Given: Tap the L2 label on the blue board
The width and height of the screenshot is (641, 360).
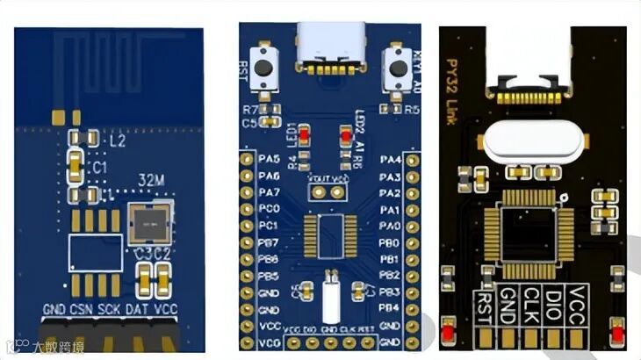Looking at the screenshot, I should pyautogui.click(x=117, y=140).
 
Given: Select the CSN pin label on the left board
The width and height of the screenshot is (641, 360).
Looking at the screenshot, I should pyautogui.click(x=83, y=310).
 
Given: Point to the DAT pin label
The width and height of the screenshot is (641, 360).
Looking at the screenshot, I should pyautogui.click(x=137, y=310).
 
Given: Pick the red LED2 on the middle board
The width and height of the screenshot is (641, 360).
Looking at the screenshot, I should pyautogui.click(x=345, y=135).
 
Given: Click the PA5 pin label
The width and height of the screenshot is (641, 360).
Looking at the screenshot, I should pyautogui.click(x=269, y=159).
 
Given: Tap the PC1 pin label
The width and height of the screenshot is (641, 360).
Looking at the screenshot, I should pyautogui.click(x=269, y=226).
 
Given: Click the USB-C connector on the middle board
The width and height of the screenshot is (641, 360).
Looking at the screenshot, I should pyautogui.click(x=330, y=48).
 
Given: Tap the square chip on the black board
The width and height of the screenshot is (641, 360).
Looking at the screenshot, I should pyautogui.click(x=529, y=234).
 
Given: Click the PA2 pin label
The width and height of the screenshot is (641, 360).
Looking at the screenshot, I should pyautogui.click(x=390, y=192).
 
